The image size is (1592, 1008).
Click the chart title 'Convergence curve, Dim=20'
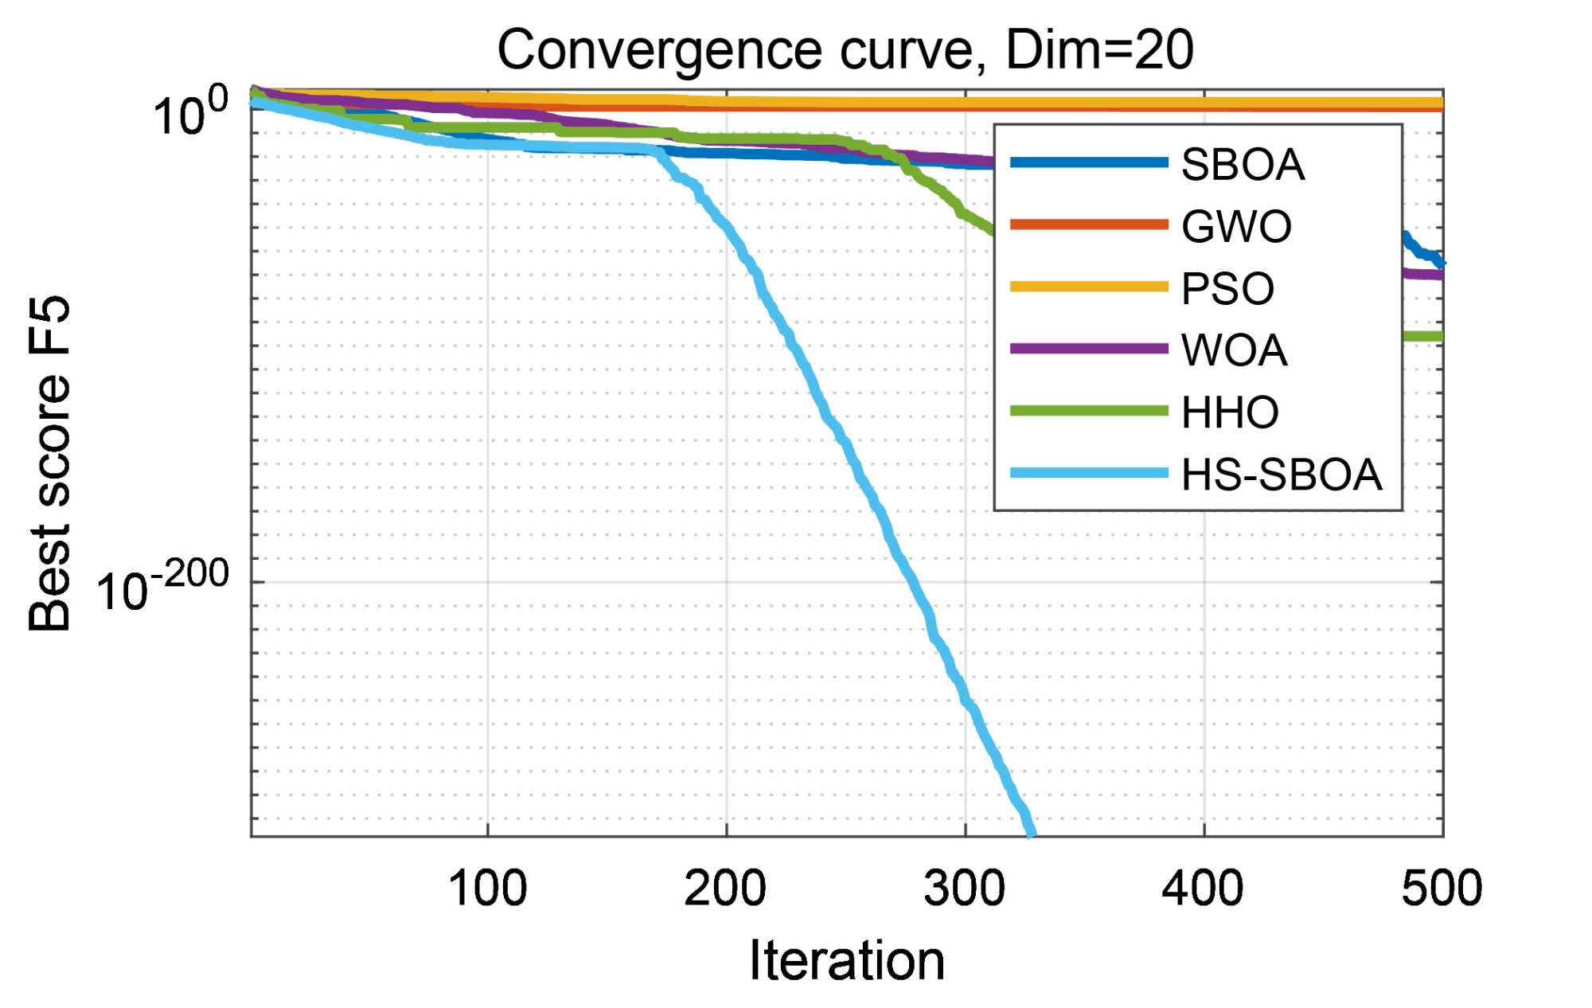[x=845, y=49]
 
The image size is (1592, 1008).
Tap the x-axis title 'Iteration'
[x=847, y=959]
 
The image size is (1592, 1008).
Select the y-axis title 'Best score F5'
[x=49, y=463]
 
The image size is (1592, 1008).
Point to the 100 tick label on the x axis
[x=487, y=888]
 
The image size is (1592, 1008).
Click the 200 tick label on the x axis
[x=725, y=888]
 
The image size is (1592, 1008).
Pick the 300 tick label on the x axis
[x=964, y=888]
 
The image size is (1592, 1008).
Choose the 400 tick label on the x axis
[x=1202, y=888]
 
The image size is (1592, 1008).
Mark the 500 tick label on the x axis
[x=1442, y=888]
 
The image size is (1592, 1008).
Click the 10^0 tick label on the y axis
[x=189, y=114]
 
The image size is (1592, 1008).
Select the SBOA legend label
[x=1242, y=165]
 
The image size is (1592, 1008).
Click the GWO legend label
[x=1235, y=227]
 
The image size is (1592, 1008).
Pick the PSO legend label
[x=1227, y=288]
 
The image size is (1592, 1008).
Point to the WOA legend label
[x=1233, y=350]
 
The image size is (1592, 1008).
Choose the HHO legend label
[x=1229, y=412]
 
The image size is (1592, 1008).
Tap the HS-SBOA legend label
[x=1281, y=475]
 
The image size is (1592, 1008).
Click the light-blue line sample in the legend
[x=1088, y=473]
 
